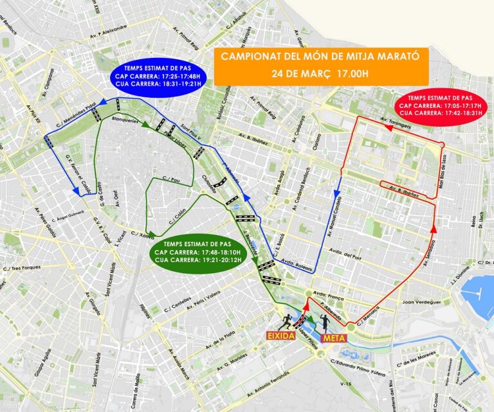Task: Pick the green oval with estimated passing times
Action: [x=196, y=252]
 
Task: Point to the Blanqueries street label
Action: [x=125, y=120]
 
